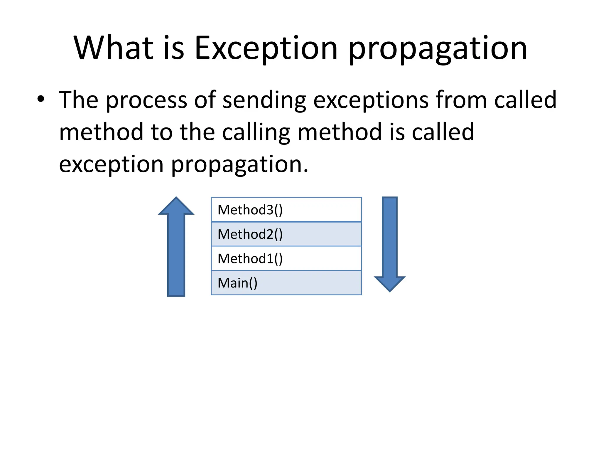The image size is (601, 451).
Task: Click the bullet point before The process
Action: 41,99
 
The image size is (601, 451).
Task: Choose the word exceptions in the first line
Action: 371,100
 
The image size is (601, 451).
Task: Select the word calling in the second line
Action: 256,132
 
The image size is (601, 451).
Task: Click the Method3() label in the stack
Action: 250,210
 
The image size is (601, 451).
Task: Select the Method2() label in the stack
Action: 250,234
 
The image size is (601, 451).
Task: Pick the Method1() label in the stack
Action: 250,258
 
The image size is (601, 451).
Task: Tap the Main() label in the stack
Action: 237,283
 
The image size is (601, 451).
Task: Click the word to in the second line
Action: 161,132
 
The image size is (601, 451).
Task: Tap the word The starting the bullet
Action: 78,100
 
